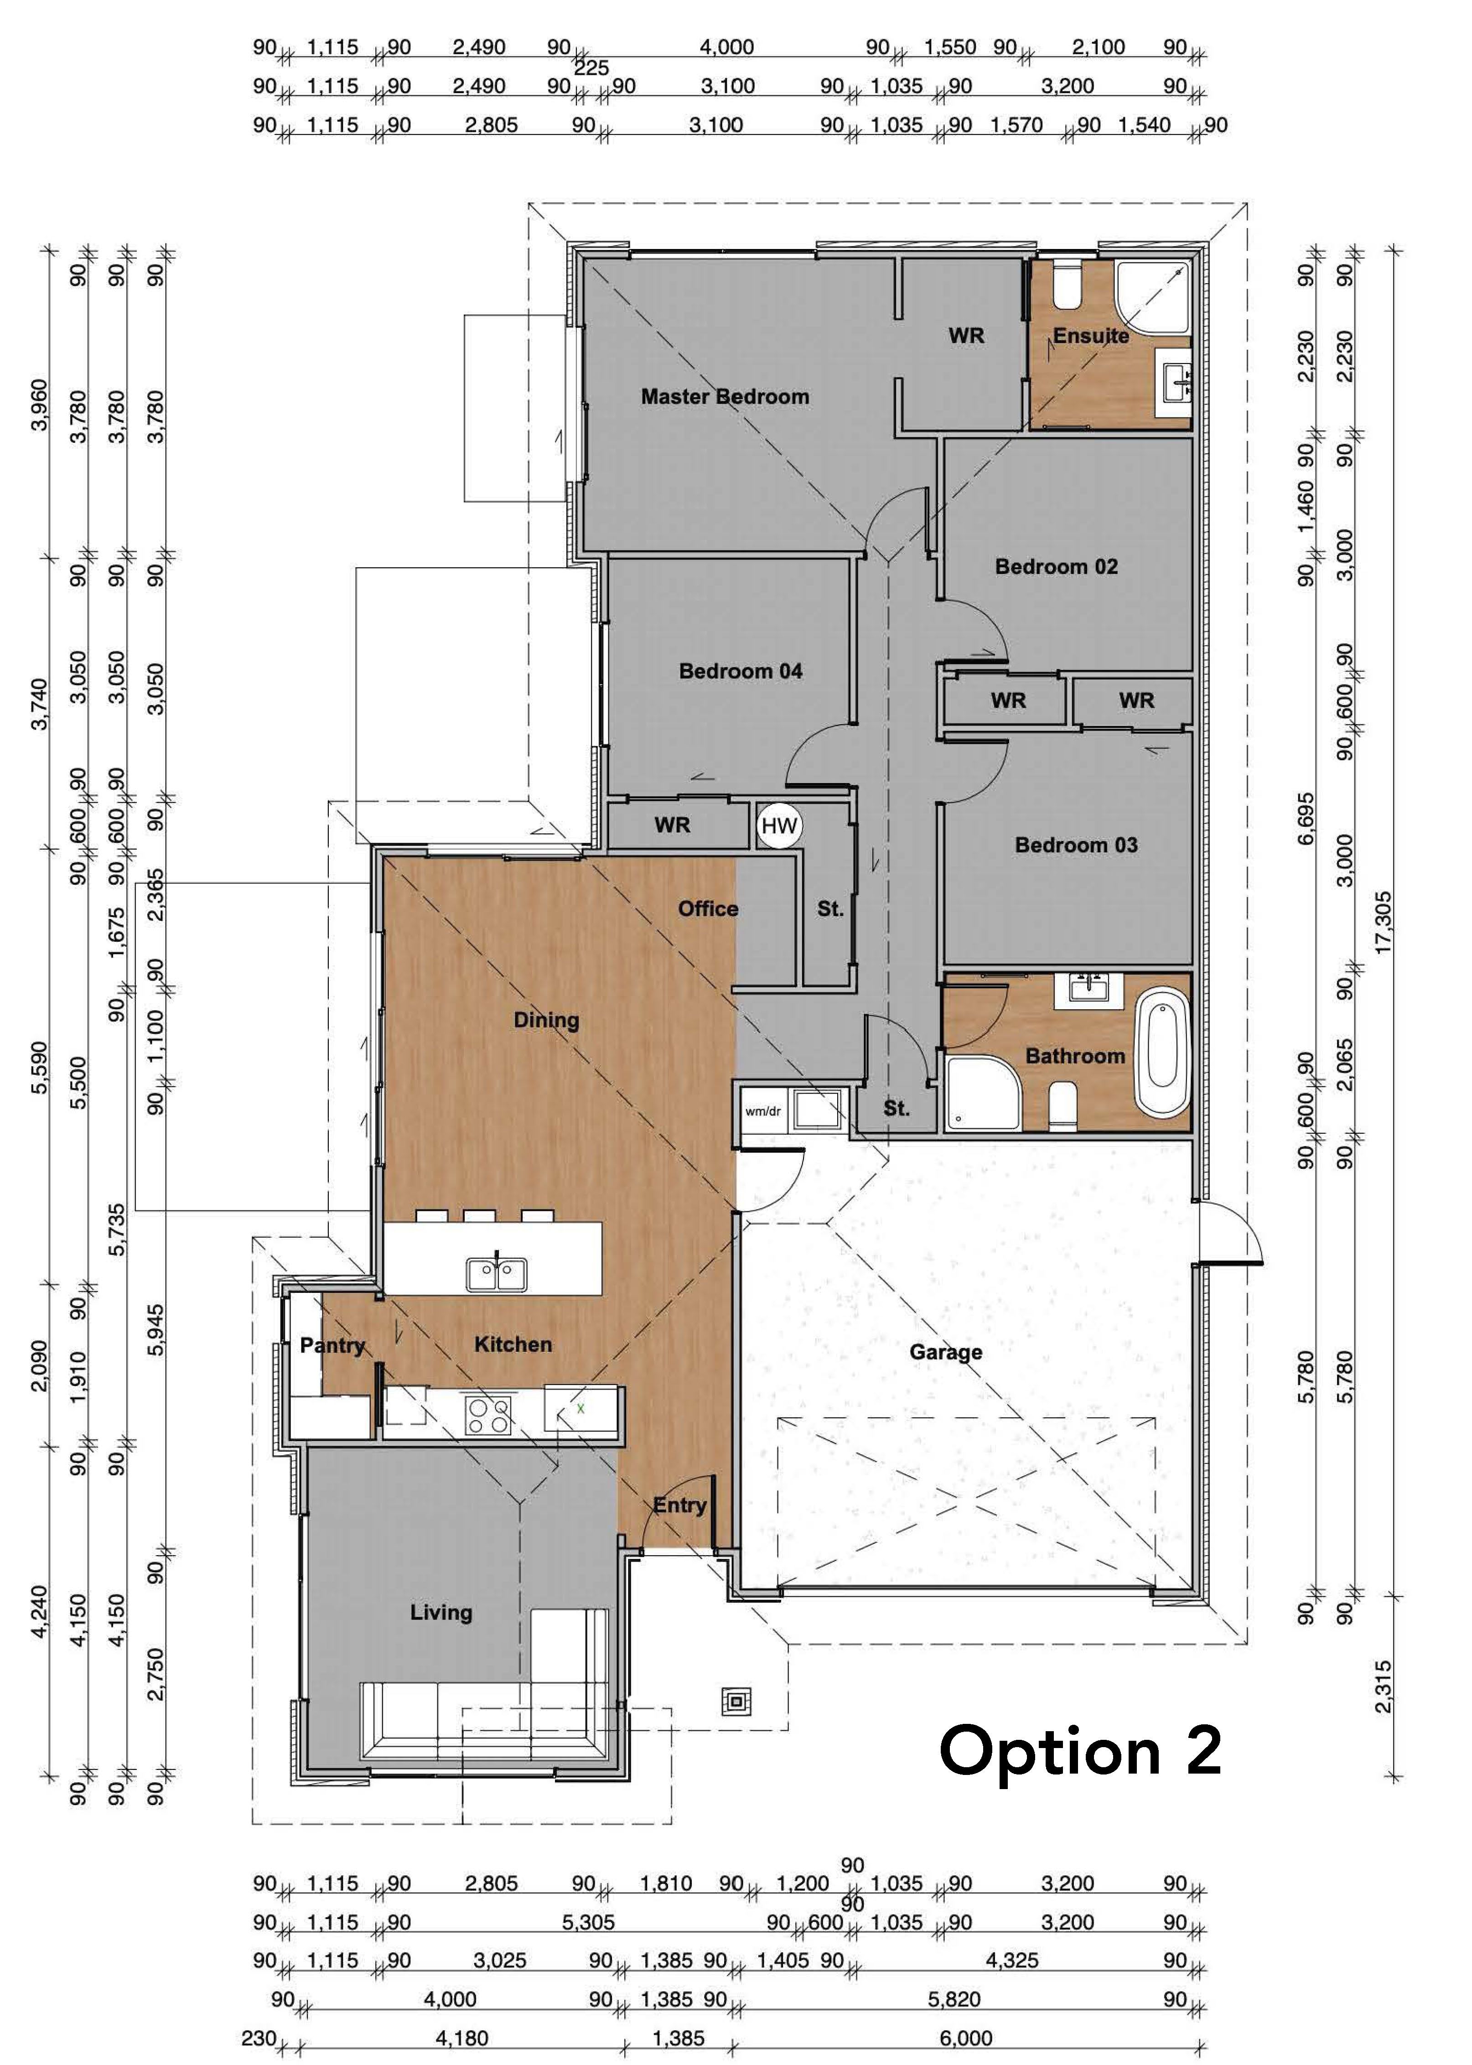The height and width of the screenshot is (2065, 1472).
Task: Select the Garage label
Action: (x=945, y=1353)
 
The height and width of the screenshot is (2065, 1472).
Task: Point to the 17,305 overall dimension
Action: (x=1382, y=922)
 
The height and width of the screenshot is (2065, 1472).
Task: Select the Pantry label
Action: (x=332, y=1345)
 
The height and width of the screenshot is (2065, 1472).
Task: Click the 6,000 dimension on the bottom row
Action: (x=966, y=2039)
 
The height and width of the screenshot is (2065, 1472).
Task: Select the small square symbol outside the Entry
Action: (x=735, y=1701)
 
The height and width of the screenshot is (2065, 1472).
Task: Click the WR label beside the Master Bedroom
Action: (x=966, y=335)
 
